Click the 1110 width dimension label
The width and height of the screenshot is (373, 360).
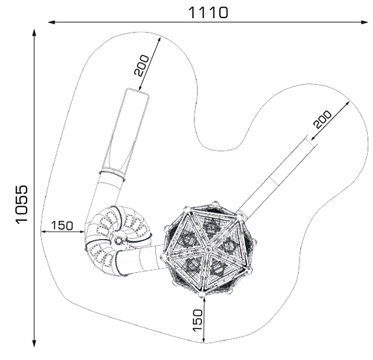point(208,13)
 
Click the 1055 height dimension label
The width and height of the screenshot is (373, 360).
point(22,205)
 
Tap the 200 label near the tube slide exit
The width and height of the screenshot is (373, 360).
point(142,65)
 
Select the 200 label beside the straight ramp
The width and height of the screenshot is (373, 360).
point(322,119)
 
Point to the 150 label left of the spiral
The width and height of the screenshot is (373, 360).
point(62,225)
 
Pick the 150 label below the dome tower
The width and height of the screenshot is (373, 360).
point(198,320)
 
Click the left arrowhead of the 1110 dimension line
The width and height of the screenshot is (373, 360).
point(52,22)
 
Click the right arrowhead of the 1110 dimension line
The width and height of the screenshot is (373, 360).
point(364,22)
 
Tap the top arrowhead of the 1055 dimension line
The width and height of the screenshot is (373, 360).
point(34,33)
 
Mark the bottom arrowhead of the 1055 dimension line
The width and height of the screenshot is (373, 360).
point(34,343)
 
